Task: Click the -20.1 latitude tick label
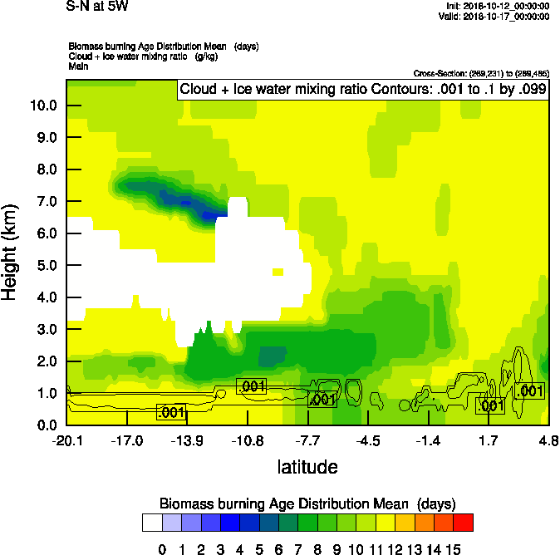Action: point(66,440)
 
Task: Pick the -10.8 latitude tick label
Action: point(247,440)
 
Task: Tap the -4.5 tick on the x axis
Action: point(368,440)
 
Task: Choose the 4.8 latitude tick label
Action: point(547,440)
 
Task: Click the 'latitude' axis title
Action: point(307,467)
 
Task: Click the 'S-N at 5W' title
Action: point(97,7)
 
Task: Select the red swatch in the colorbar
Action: point(464,523)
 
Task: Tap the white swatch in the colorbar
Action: point(151,523)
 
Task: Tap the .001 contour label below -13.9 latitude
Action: point(170,412)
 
